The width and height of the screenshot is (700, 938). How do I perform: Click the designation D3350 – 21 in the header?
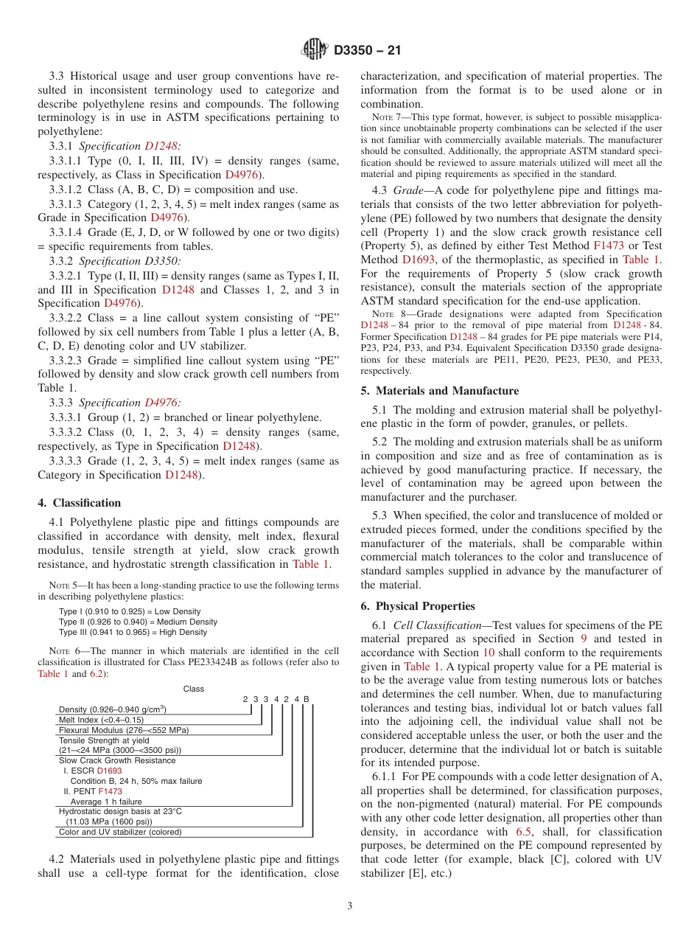(x=367, y=51)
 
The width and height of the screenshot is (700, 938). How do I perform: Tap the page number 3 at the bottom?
(x=350, y=906)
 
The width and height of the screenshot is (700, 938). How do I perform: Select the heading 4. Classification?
(x=79, y=503)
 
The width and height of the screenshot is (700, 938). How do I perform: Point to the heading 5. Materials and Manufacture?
(x=439, y=391)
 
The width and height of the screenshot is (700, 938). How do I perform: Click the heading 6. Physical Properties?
(x=418, y=606)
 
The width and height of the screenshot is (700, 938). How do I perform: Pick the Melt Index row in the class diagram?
(x=101, y=720)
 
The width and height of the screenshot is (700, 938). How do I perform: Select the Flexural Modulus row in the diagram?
(x=124, y=730)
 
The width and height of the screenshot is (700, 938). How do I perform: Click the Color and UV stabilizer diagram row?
(x=120, y=832)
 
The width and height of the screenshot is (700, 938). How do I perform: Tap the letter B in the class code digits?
(x=306, y=699)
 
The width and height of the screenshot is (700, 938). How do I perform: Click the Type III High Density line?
(x=133, y=632)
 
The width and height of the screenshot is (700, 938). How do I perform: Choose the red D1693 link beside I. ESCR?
(x=110, y=771)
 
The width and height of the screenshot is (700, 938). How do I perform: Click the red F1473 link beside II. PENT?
(x=111, y=791)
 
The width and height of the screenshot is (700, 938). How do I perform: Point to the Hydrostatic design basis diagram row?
(x=120, y=811)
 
